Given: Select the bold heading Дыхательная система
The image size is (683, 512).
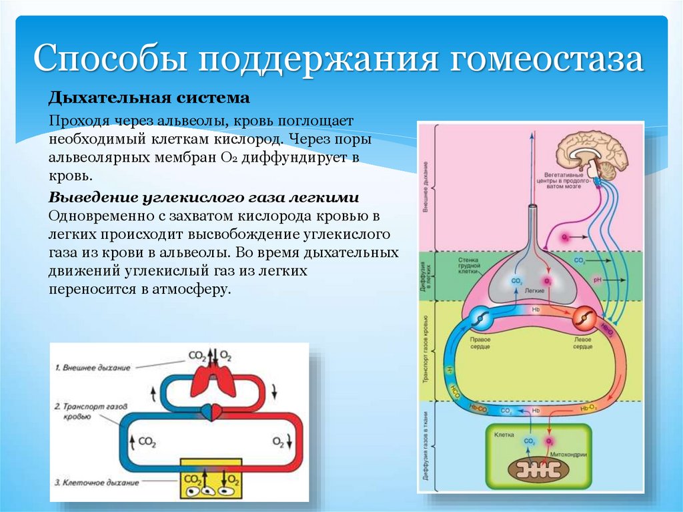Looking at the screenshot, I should (x=149, y=99).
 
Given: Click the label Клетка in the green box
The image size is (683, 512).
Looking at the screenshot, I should (x=504, y=435).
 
